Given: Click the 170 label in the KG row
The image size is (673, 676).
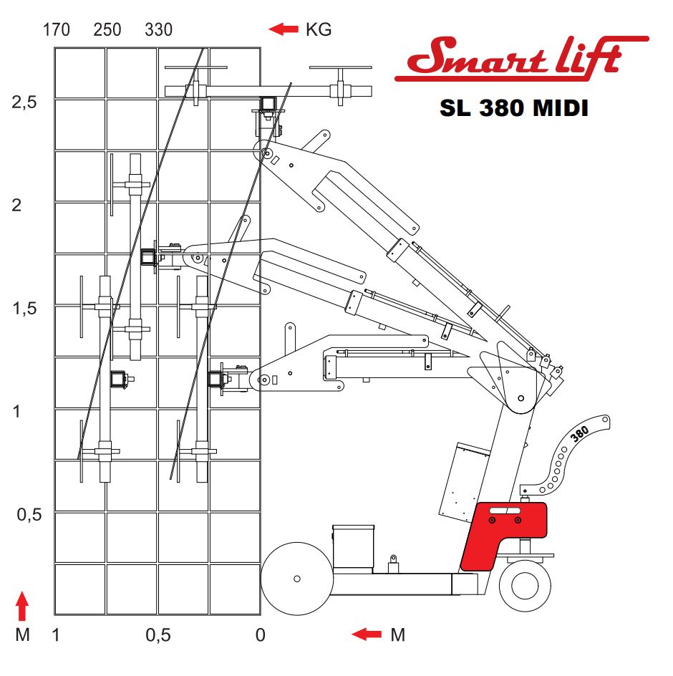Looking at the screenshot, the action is click(57, 30).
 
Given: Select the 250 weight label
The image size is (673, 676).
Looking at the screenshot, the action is click(107, 30).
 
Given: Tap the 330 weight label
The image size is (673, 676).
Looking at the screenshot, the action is click(159, 30).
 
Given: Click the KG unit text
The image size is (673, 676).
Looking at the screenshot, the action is click(319, 30).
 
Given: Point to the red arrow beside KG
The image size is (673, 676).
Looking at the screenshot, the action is click(284, 29).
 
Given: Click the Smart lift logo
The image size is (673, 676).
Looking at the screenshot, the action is click(522, 58).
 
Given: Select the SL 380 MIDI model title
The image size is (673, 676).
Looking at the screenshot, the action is click(514, 108).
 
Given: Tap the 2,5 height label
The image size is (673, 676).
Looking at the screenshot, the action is click(24, 102).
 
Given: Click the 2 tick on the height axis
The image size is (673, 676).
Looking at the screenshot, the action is click(16, 205).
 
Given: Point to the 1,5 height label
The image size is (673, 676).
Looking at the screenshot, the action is click(24, 309).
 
